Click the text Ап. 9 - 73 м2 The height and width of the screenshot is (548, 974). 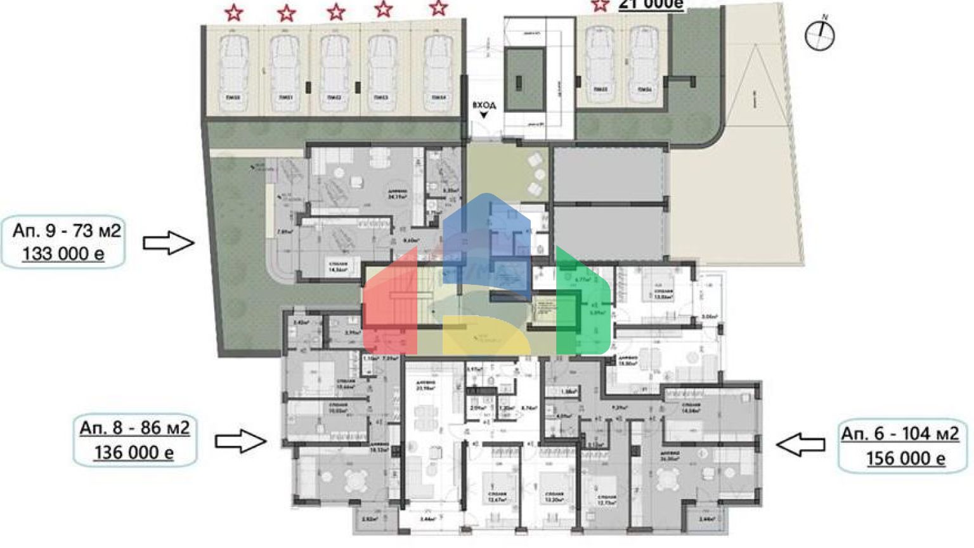66,230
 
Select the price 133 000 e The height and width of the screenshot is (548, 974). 63,254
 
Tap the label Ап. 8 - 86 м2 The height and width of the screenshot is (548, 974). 134,428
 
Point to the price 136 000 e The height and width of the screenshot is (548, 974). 134,452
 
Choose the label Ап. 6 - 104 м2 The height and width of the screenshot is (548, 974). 900,434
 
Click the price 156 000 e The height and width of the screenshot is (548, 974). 906,458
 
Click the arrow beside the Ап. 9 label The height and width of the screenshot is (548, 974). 168,243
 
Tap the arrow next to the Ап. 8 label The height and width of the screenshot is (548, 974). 240,441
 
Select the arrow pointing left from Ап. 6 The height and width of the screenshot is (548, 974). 800,445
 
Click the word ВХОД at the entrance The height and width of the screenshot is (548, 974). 484,105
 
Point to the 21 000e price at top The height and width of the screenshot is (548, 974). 651,5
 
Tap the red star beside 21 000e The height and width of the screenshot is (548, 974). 599,6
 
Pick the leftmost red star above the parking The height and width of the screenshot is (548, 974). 234,12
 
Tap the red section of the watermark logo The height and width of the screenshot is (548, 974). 390,304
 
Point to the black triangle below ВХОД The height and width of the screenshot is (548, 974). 484,115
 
